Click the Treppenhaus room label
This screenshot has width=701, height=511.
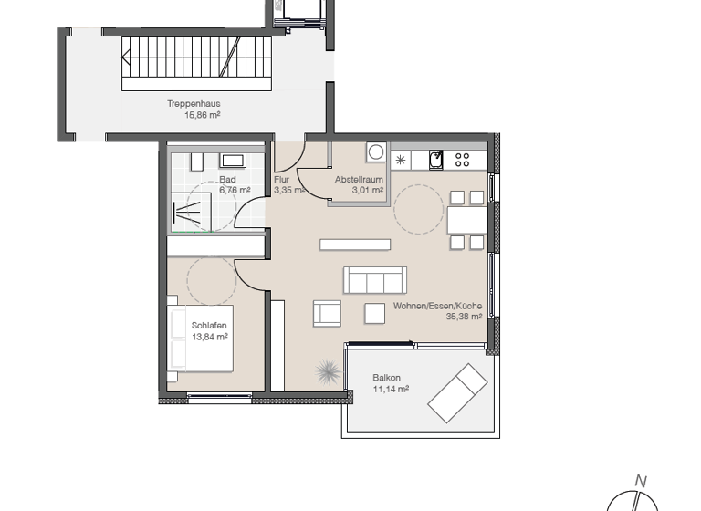[x=193, y=104]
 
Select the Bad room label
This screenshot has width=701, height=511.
[x=227, y=180]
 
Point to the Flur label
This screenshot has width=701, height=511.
[x=281, y=180]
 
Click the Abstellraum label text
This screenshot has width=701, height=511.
[x=359, y=180]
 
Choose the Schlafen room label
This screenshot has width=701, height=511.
[x=209, y=326]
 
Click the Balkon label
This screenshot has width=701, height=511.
[x=386, y=378]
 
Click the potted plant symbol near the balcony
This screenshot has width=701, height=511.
[x=328, y=371]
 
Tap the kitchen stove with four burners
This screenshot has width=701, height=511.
[x=462, y=160]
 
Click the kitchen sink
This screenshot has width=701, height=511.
[x=436, y=160]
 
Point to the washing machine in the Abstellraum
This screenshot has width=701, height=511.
[x=375, y=151]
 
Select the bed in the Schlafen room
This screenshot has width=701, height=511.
[x=201, y=338]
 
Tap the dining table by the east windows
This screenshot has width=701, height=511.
[x=466, y=220]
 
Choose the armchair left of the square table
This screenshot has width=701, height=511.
[x=327, y=313]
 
